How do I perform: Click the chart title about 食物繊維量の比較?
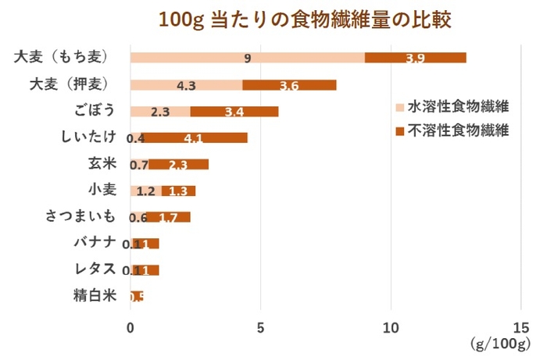point(306,18)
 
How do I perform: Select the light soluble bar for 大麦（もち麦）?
point(247,58)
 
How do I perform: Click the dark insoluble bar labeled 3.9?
point(415,58)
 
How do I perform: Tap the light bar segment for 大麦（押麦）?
point(186,84)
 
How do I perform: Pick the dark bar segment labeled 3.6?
point(289,84)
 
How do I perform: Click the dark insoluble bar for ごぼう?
point(234,111)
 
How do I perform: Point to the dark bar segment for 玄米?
point(178,164)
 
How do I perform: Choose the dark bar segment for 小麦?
point(178,191)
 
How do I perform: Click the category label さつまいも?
point(80,216)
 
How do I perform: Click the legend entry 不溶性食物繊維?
point(452,130)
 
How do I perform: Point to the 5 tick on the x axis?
point(261,327)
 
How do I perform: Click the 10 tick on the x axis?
point(391,327)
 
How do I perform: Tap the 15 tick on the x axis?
point(521,327)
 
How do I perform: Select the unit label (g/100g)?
point(500,344)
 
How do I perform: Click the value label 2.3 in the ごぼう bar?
point(160,112)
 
